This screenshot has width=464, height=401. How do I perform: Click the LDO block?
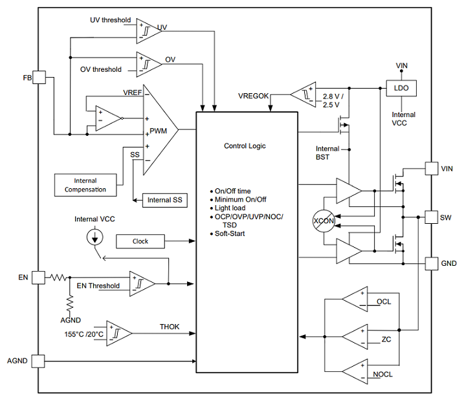(x=401, y=88)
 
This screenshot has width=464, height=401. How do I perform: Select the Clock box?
(x=140, y=241)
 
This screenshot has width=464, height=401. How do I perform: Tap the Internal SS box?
(x=165, y=200)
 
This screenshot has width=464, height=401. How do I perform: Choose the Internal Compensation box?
(x=85, y=185)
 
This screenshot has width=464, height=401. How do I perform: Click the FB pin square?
(x=39, y=77)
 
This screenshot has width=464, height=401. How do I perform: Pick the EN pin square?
(x=38, y=277)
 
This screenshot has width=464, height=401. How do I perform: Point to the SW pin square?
(x=432, y=217)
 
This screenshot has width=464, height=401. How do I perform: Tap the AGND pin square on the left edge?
(x=38, y=361)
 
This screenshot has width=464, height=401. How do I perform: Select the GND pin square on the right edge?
(x=432, y=263)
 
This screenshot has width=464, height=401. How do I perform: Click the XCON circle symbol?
(x=324, y=221)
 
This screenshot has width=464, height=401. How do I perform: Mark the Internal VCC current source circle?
(x=95, y=237)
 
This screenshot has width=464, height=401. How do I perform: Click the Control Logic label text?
(x=245, y=146)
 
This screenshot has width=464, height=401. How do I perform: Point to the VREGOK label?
(x=253, y=96)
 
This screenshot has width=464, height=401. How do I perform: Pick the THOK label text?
(x=170, y=327)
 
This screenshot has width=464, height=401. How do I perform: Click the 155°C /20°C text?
(x=84, y=334)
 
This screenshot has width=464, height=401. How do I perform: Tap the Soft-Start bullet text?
(x=230, y=233)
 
